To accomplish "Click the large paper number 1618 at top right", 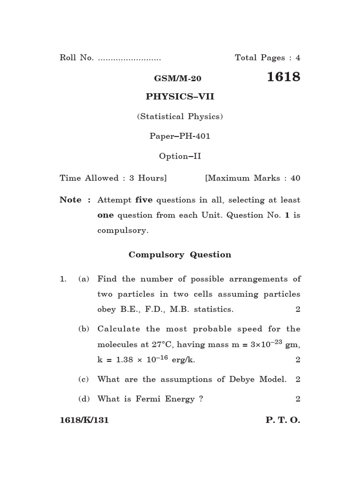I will coord(283,77).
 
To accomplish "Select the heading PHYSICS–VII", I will coord(180,97).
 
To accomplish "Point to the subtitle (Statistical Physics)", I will coord(180,116).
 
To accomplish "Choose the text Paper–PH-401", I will coord(180,136).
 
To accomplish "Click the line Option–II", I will coord(180,156).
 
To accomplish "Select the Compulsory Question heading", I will coord(180,255).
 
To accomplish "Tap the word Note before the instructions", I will coord(70,200).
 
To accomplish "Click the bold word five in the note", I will coord(144,200).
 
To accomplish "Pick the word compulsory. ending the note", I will coord(123,230).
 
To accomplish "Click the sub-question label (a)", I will coord(84,279).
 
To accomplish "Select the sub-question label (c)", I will coord(84,379).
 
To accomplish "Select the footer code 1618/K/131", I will coord(84,420).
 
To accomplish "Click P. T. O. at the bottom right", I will coord(283,420).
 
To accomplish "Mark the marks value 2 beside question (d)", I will coord(298,399).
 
